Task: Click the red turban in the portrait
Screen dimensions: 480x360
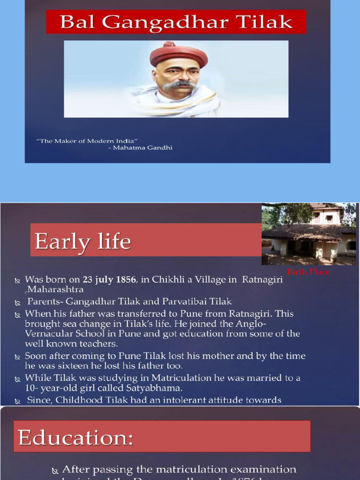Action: click(179, 54)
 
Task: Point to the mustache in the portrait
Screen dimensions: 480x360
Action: click(179, 85)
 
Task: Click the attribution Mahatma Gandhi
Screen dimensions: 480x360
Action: click(142, 148)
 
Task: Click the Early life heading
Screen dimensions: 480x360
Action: click(83, 242)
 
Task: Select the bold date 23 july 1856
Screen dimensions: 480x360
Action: click(109, 280)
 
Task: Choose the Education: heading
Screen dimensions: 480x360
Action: click(75, 437)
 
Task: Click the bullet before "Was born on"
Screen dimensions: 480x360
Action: click(18, 280)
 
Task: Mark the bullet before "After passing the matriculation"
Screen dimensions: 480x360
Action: click(55, 470)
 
